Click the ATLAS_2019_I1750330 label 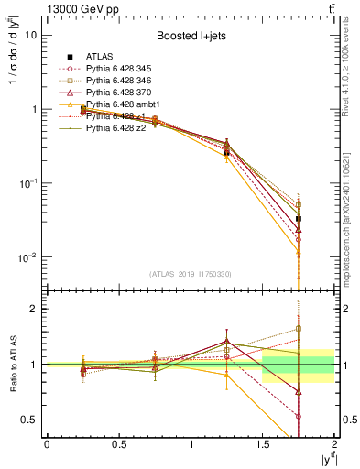pyautogui.click(x=190, y=274)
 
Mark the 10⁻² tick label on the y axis pyautogui.click(x=27, y=257)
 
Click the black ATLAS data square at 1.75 pyautogui.click(x=299, y=219)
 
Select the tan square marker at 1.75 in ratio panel pyautogui.click(x=299, y=329)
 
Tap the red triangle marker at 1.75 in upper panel pyautogui.click(x=299, y=229)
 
